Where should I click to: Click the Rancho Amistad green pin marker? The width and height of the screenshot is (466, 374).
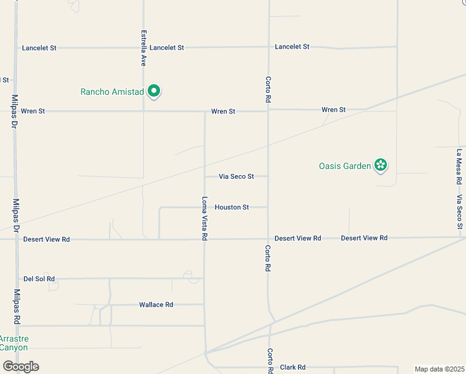pos(153,92)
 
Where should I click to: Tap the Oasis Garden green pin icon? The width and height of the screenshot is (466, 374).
pos(381,166)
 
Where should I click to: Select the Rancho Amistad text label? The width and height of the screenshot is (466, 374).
pos(112,92)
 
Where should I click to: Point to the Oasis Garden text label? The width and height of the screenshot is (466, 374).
pos(345,166)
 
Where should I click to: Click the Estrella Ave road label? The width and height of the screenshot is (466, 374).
pos(143,48)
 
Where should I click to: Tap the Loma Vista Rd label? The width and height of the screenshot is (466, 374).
pos(204,219)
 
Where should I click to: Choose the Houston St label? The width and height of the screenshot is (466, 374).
pos(232,207)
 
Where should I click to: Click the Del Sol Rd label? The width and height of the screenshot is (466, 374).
pos(39,279)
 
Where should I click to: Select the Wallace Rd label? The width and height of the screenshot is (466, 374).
pos(156,305)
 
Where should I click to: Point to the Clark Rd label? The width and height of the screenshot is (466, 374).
pos(292,367)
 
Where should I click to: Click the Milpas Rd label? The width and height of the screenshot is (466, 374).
pos(17,306)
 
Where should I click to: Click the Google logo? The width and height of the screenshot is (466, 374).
pos(21,367)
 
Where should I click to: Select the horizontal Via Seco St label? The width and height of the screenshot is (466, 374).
pos(236,176)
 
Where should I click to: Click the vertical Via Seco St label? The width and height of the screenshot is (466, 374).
pos(459,212)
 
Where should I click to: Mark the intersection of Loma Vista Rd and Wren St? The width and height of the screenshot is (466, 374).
pos(205,112)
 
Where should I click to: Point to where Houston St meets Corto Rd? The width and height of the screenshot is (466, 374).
pos(268,207)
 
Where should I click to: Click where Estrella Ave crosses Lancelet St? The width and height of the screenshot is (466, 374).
pos(143,47)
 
